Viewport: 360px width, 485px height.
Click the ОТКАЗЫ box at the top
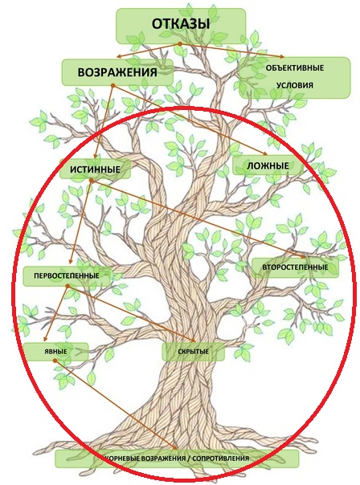coord(181,26)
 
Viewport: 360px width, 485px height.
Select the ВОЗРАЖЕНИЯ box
coord(117,72)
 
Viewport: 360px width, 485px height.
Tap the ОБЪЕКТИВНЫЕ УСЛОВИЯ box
coord(295,78)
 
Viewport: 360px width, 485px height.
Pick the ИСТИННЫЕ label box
coord(95,169)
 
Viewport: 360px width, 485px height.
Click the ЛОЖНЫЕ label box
coord(268,165)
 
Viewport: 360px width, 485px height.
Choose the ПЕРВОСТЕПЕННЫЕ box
coord(67,275)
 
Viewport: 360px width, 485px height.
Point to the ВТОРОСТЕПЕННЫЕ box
coord(295,267)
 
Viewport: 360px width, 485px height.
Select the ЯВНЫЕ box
coord(55,352)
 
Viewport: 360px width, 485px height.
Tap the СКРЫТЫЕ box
coord(194,352)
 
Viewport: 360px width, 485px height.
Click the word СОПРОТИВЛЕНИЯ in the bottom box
coord(221,458)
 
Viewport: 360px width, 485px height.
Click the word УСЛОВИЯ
coord(295,85)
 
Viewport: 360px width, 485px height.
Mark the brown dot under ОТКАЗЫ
coord(179,44)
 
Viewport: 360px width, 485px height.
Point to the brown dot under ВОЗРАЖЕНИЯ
coord(113,85)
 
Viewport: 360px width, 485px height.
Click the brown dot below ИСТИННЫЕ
coord(91,181)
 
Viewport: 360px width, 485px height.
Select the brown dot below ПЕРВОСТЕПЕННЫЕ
coord(67,287)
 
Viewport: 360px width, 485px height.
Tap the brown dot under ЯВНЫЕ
coord(55,361)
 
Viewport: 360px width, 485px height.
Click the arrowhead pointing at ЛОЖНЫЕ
coord(264,153)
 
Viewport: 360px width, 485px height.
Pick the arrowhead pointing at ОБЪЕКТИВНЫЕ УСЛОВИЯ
coord(280,56)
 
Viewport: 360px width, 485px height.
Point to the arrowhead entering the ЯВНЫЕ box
coord(46,339)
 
